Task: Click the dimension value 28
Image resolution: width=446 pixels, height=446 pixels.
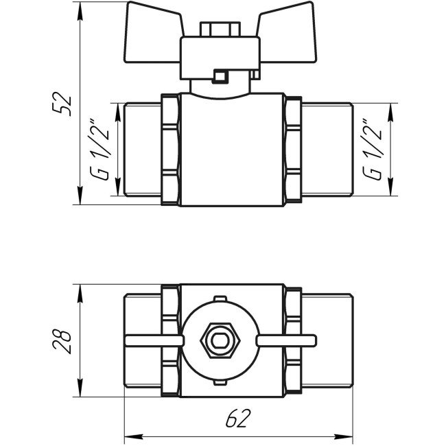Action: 63,341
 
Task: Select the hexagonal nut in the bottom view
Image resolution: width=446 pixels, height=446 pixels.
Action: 218,340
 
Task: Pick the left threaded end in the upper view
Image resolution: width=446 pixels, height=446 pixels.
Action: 144,150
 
